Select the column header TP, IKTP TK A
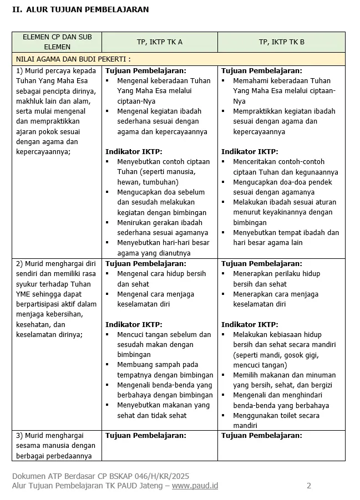pyautogui.click(x=159, y=42)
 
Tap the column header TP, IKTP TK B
pyautogui.click(x=281, y=42)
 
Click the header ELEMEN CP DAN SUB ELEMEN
pyautogui.click(x=57, y=42)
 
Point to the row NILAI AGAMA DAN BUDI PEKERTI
pyautogui.click(x=73, y=59)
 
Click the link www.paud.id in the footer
pyautogui.click(x=195, y=486)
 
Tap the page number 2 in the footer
pyautogui.click(x=309, y=486)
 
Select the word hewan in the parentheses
pyautogui.click(x=128, y=182)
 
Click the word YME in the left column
pyautogui.click(x=24, y=294)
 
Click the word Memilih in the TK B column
pyautogui.click(x=247, y=375)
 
